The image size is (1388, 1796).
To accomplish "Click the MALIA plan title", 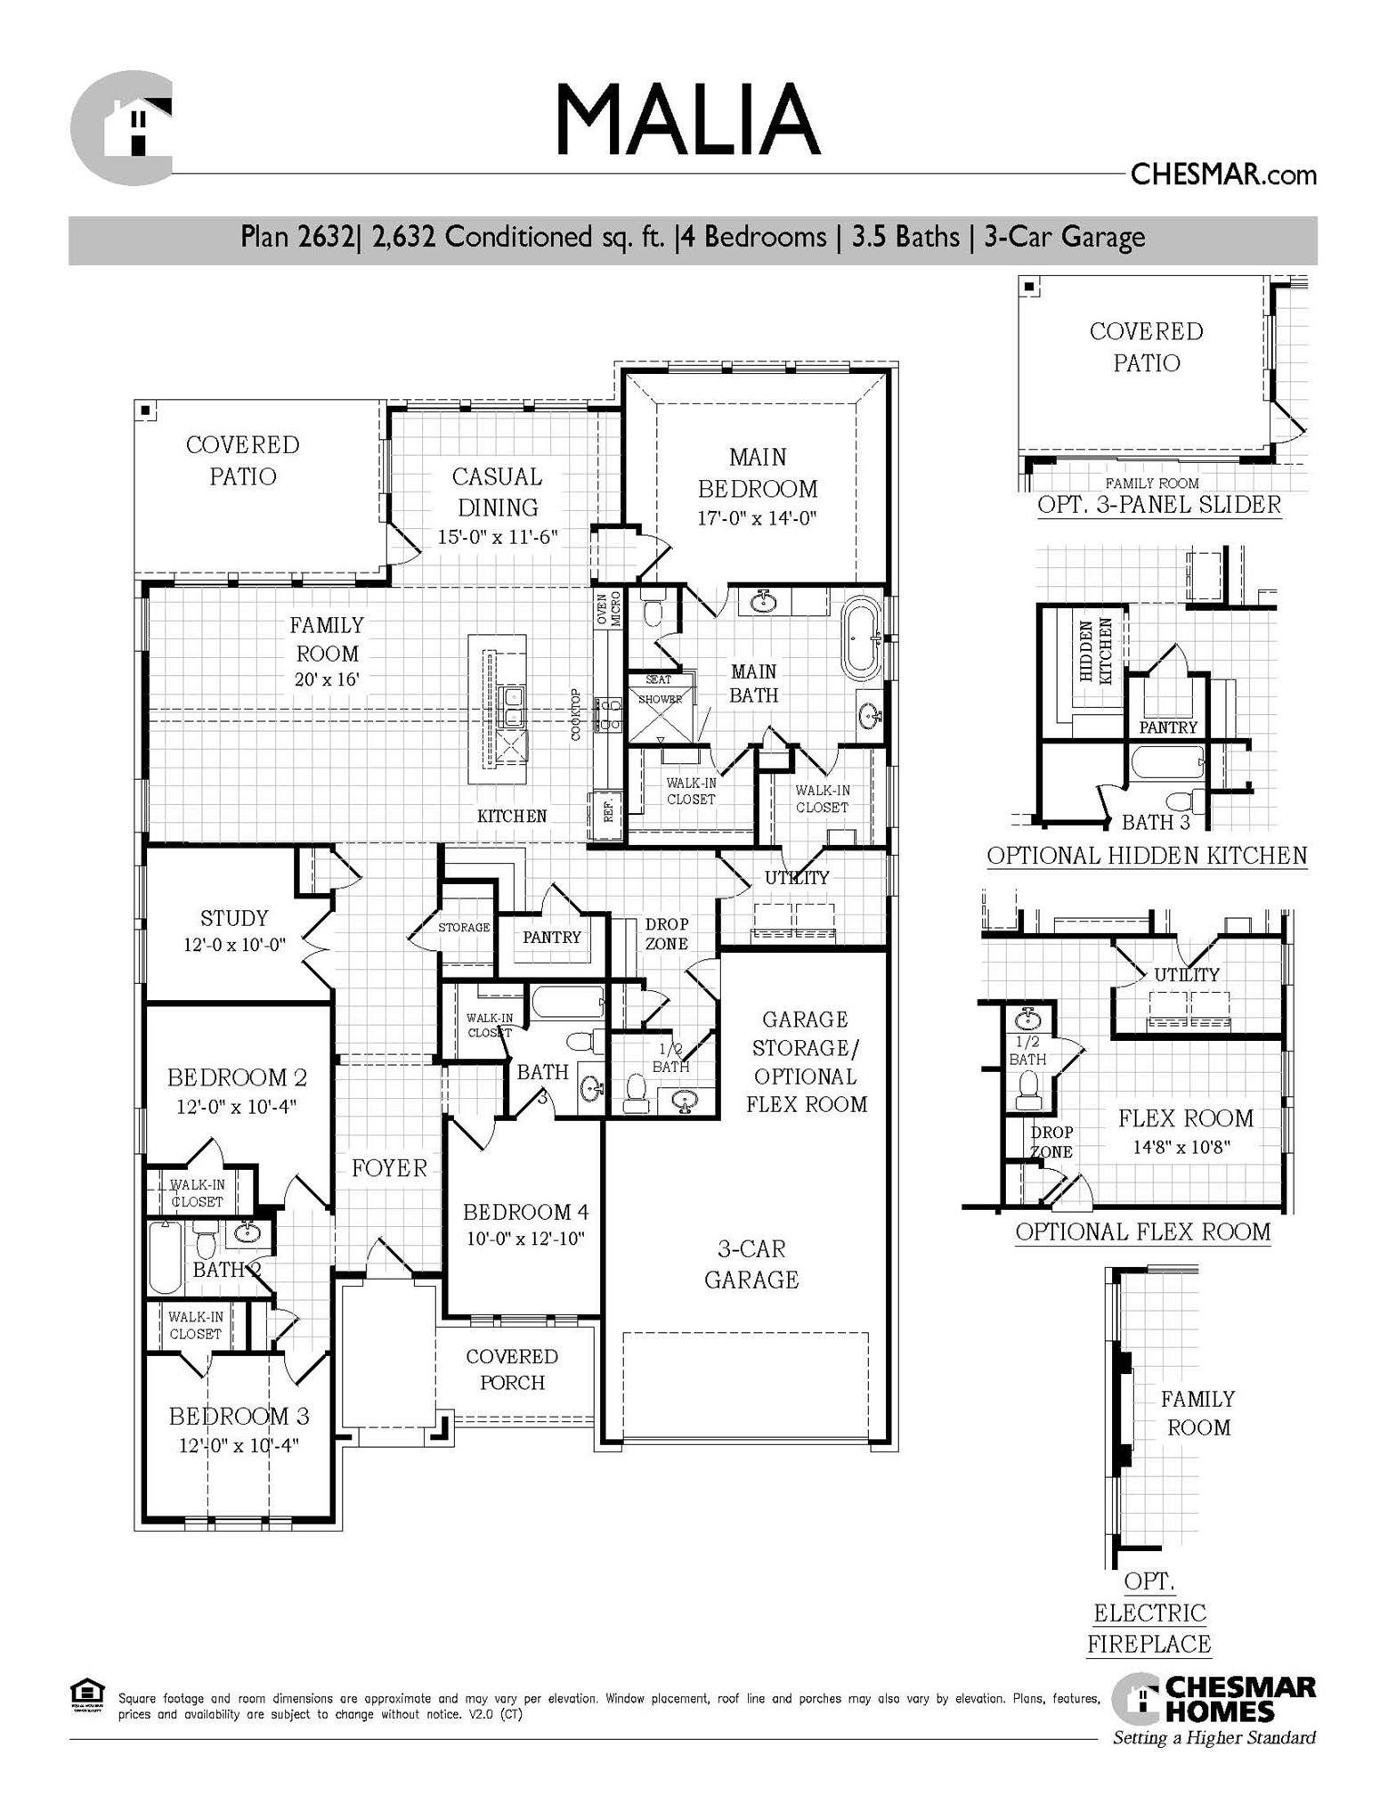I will [x=686, y=120].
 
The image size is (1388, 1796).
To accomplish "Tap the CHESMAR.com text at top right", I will [x=1222, y=175].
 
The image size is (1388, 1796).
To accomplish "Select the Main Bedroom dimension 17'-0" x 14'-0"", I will [x=757, y=518].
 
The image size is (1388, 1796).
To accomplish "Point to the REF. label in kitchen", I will [x=608, y=811].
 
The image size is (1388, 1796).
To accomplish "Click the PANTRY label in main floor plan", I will [x=551, y=937].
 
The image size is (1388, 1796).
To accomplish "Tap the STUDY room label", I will [x=234, y=918].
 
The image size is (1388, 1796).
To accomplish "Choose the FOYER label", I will [x=389, y=1168].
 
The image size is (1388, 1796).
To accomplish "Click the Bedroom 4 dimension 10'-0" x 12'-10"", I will [x=525, y=1239].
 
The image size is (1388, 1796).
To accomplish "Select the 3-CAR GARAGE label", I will [x=751, y=1264].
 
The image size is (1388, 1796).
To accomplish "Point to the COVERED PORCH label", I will [x=512, y=1369].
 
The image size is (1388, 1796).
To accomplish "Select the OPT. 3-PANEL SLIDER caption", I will [x=1159, y=505].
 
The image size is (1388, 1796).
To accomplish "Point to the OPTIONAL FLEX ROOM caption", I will [x=1142, y=1232].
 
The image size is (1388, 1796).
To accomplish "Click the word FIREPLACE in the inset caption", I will [x=1149, y=1644].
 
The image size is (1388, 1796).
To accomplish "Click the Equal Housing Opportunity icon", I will [x=86, y=1694].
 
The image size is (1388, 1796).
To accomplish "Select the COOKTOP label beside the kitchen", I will [x=576, y=714].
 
